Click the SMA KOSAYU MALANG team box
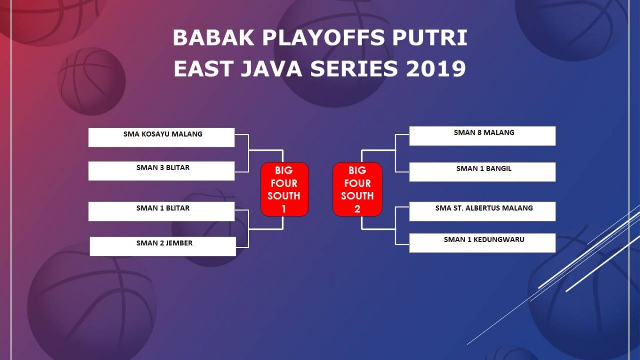(x=162, y=138)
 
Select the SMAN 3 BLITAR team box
(x=162, y=171)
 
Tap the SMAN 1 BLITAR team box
(x=162, y=211)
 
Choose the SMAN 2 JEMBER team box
(x=163, y=246)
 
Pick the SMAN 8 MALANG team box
(x=483, y=136)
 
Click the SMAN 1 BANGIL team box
(x=483, y=172)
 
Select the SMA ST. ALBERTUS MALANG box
(x=483, y=211)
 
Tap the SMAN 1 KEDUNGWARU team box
(x=483, y=243)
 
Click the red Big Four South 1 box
(x=285, y=189)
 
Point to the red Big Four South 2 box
(x=357, y=189)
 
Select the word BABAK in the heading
(x=213, y=38)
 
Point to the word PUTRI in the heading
(x=430, y=38)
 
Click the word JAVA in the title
(x=271, y=69)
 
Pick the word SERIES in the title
(x=354, y=69)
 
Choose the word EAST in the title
(x=203, y=69)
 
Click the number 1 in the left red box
(x=284, y=209)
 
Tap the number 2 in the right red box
(x=357, y=209)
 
